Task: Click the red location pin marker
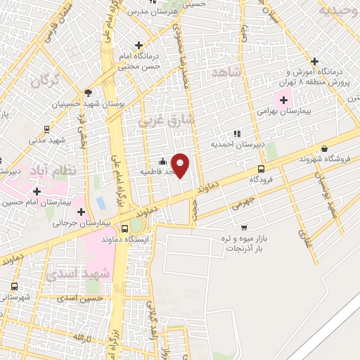pos(181,165)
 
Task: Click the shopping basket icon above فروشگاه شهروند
pos(324,148)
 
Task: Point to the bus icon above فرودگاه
pos(261,169)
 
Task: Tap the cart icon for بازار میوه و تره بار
pos(243,227)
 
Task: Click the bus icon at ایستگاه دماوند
pos(125,228)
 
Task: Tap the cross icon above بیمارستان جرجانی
pos(82,211)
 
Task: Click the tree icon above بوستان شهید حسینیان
pos(88,92)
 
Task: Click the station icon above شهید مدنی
pos(46,129)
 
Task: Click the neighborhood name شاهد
pos(226,72)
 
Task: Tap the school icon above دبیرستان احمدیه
pos(237,134)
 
